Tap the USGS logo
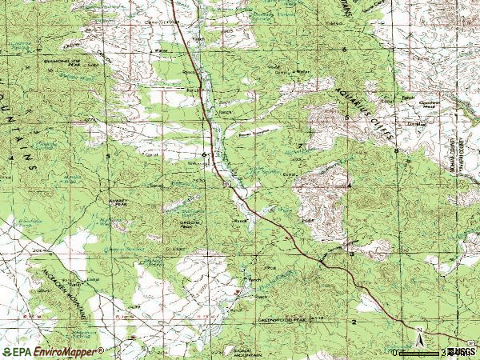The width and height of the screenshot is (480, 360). [x=462, y=351]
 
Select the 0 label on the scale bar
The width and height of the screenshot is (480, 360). [x=394, y=351]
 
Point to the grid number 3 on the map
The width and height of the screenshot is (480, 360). [x=350, y=254]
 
